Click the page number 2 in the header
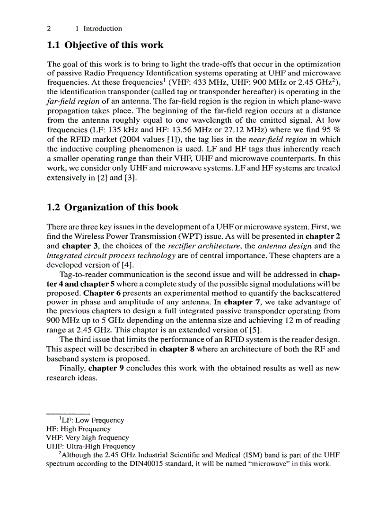tap(49, 28)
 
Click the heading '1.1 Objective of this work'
tap(105, 45)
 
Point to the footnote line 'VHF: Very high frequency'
tap(87, 438)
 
